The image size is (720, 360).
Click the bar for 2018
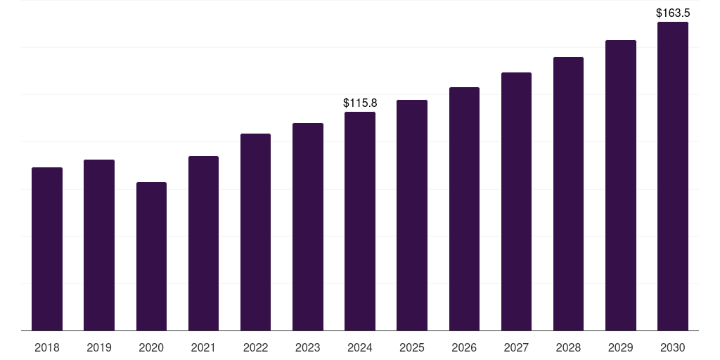[x=47, y=249]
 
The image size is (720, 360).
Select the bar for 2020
[x=151, y=256]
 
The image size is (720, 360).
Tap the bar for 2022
[x=255, y=232]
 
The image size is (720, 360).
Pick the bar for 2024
[x=360, y=221]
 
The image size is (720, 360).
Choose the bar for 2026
[x=464, y=209]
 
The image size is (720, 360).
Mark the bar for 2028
[x=568, y=193]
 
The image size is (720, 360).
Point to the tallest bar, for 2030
[x=673, y=176]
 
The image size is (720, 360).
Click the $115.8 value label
[x=360, y=103]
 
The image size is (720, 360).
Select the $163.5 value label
[x=673, y=13]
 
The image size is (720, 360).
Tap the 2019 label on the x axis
[x=99, y=347]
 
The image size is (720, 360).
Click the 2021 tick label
[x=203, y=347]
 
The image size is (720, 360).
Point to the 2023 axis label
[x=308, y=347]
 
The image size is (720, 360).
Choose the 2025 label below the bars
[x=412, y=347]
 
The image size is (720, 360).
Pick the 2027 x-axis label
[x=516, y=347]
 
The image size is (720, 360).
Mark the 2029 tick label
[x=621, y=347]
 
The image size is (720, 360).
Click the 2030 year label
[x=673, y=347]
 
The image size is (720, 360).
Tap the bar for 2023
[x=308, y=226]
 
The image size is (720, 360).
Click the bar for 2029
[x=621, y=185]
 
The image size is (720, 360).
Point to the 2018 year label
[x=47, y=347]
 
